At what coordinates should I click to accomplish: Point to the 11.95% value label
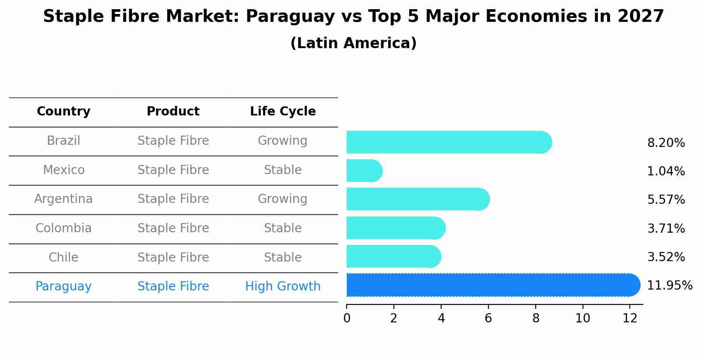coord(669,286)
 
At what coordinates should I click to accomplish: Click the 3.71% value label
coord(666,228)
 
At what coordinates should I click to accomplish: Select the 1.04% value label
coord(666,171)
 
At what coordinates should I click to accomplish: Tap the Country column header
coord(63,112)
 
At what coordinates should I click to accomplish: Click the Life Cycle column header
coord(283,112)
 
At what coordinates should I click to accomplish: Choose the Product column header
coord(173,112)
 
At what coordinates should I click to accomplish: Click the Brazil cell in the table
coord(63,141)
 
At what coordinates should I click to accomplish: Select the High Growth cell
coord(283,287)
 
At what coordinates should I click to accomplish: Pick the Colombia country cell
coord(63,228)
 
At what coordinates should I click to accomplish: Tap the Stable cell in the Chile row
coord(283,257)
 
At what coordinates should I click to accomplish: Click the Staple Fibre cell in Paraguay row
coord(173,287)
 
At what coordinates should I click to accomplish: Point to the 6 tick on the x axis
coord(488,318)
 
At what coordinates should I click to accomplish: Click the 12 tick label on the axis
coord(630,318)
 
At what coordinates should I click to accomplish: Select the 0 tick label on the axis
coord(347,318)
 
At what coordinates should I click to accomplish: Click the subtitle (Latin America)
coord(353,43)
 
